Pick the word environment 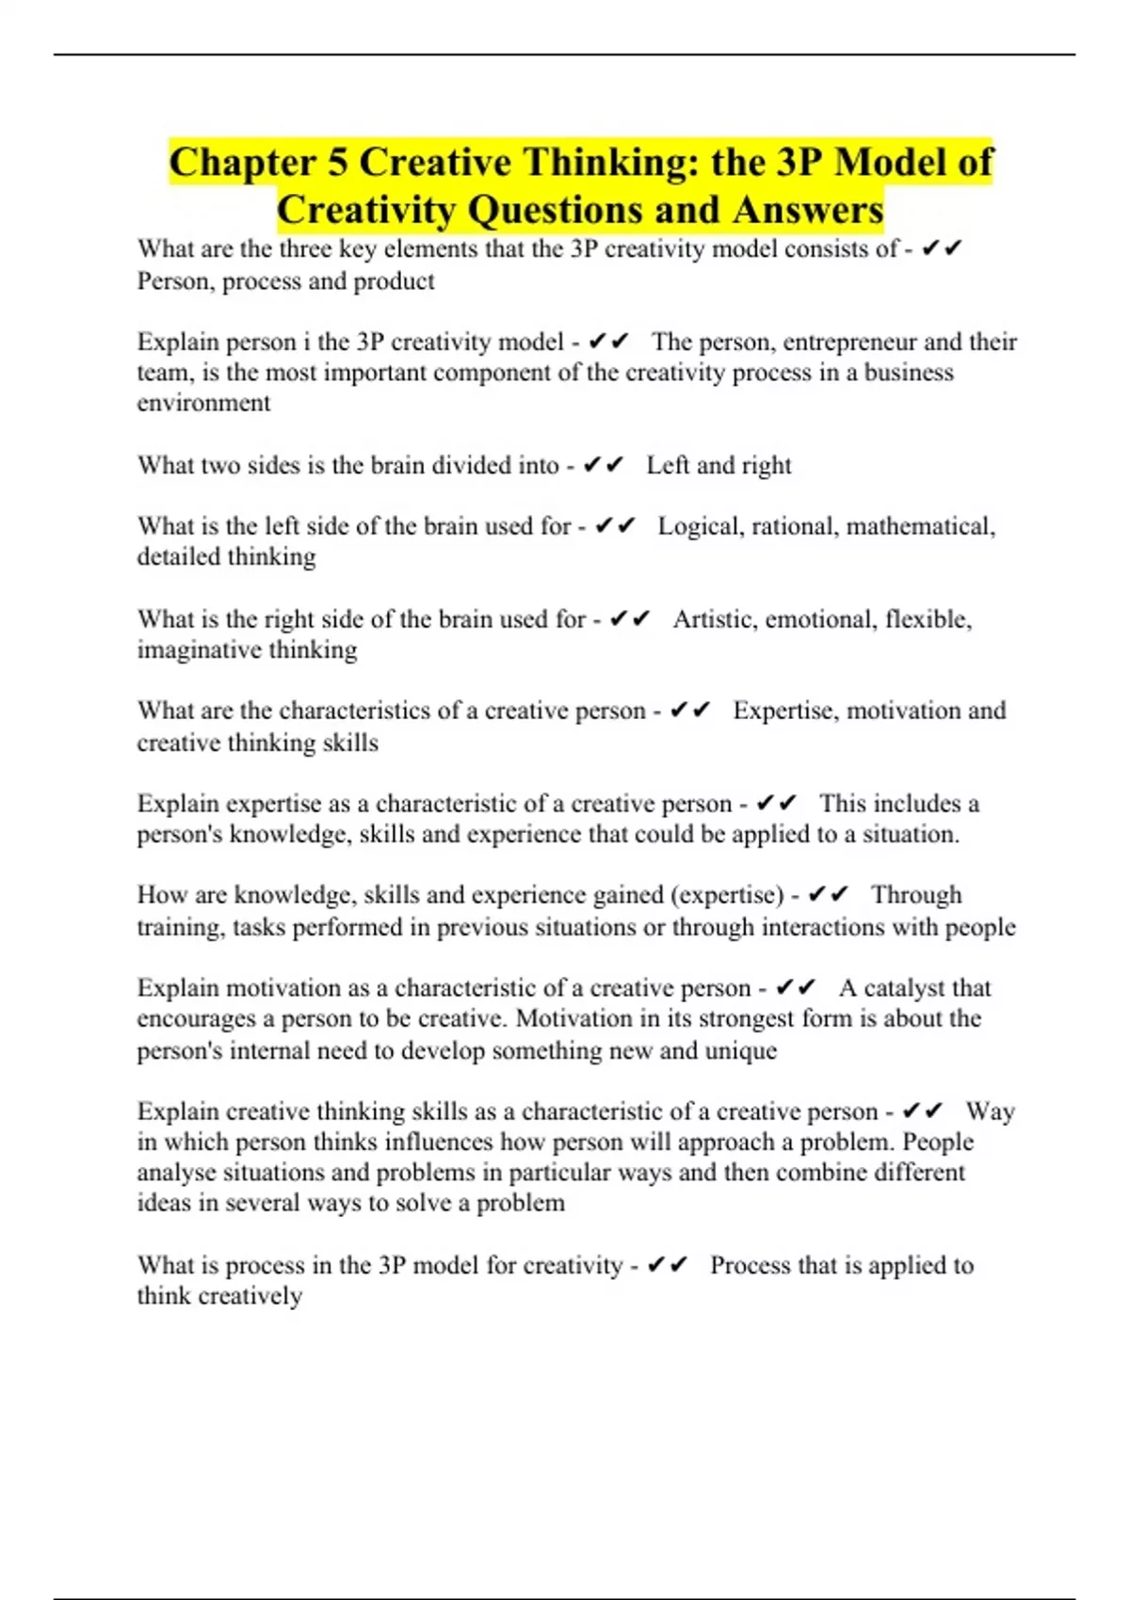(203, 403)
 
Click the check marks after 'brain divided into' (604, 465)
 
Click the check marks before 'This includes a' (777, 804)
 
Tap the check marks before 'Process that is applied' (669, 1265)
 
